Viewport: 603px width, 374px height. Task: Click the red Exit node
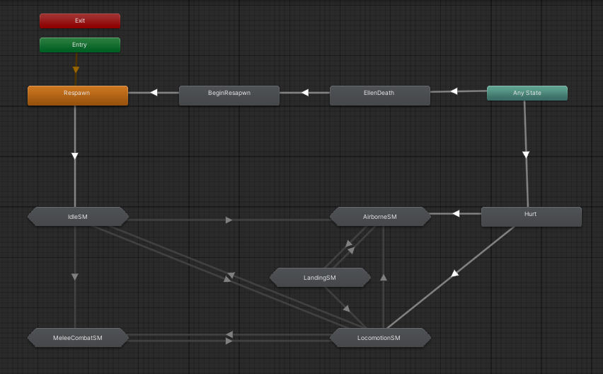coord(79,21)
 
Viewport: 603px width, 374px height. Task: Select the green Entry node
coord(79,45)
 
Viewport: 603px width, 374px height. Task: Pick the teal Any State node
coord(527,93)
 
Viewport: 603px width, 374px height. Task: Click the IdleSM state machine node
coord(78,216)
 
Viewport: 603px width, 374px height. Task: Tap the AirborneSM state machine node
coord(380,216)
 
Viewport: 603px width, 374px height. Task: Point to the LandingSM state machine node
coord(320,278)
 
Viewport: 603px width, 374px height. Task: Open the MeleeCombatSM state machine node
coord(78,338)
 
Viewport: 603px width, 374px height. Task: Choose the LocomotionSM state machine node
coord(380,338)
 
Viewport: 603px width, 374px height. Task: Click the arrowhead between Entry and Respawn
coord(76,70)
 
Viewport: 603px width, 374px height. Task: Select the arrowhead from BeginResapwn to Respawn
coord(153,92)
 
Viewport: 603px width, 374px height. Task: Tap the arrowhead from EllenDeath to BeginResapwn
coord(305,92)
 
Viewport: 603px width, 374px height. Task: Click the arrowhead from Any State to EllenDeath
coord(454,91)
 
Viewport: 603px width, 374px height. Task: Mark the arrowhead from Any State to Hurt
coord(526,154)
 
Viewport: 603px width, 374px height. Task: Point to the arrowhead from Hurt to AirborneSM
coord(456,213)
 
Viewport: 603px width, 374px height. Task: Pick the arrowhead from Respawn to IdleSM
coord(75,156)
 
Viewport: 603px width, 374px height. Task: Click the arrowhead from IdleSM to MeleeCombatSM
coord(75,276)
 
